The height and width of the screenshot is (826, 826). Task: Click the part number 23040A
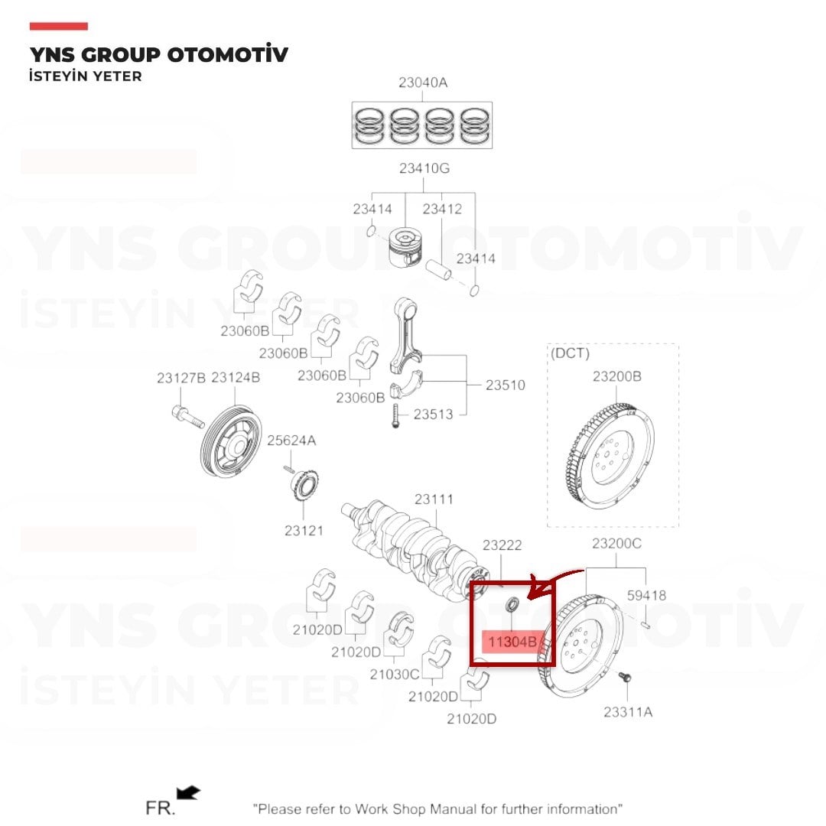423,83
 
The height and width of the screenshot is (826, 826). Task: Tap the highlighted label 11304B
512,642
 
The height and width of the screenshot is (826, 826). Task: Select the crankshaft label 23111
434,499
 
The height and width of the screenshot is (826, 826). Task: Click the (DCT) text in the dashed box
570,353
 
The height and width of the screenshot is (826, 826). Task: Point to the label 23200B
617,376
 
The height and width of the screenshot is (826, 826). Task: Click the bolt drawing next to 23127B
187,416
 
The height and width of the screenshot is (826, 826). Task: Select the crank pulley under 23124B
231,441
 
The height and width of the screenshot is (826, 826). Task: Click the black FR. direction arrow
188,792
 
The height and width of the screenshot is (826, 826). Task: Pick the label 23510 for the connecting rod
506,385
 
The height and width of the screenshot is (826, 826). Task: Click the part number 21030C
395,675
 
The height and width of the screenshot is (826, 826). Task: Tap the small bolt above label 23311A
625,678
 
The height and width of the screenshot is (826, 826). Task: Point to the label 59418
646,595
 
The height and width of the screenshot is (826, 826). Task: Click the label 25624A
291,441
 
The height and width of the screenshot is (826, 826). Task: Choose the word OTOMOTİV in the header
228,54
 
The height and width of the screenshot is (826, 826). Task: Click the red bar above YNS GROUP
58,26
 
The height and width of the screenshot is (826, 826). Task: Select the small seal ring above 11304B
512,604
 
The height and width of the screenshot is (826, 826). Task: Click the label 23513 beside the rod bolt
433,415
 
